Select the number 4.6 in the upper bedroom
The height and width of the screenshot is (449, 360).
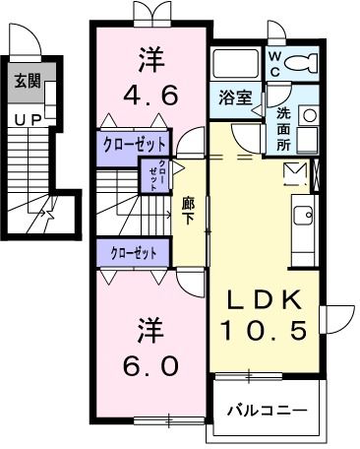point(150,96)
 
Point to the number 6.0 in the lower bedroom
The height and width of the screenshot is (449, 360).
point(150,365)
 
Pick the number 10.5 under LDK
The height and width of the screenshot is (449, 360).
point(263,331)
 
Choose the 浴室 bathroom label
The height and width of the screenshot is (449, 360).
point(233,97)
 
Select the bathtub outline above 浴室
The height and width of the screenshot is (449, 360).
point(236,64)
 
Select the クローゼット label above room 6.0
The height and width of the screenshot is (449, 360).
point(135,253)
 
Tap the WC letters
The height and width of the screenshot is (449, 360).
point(276,64)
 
